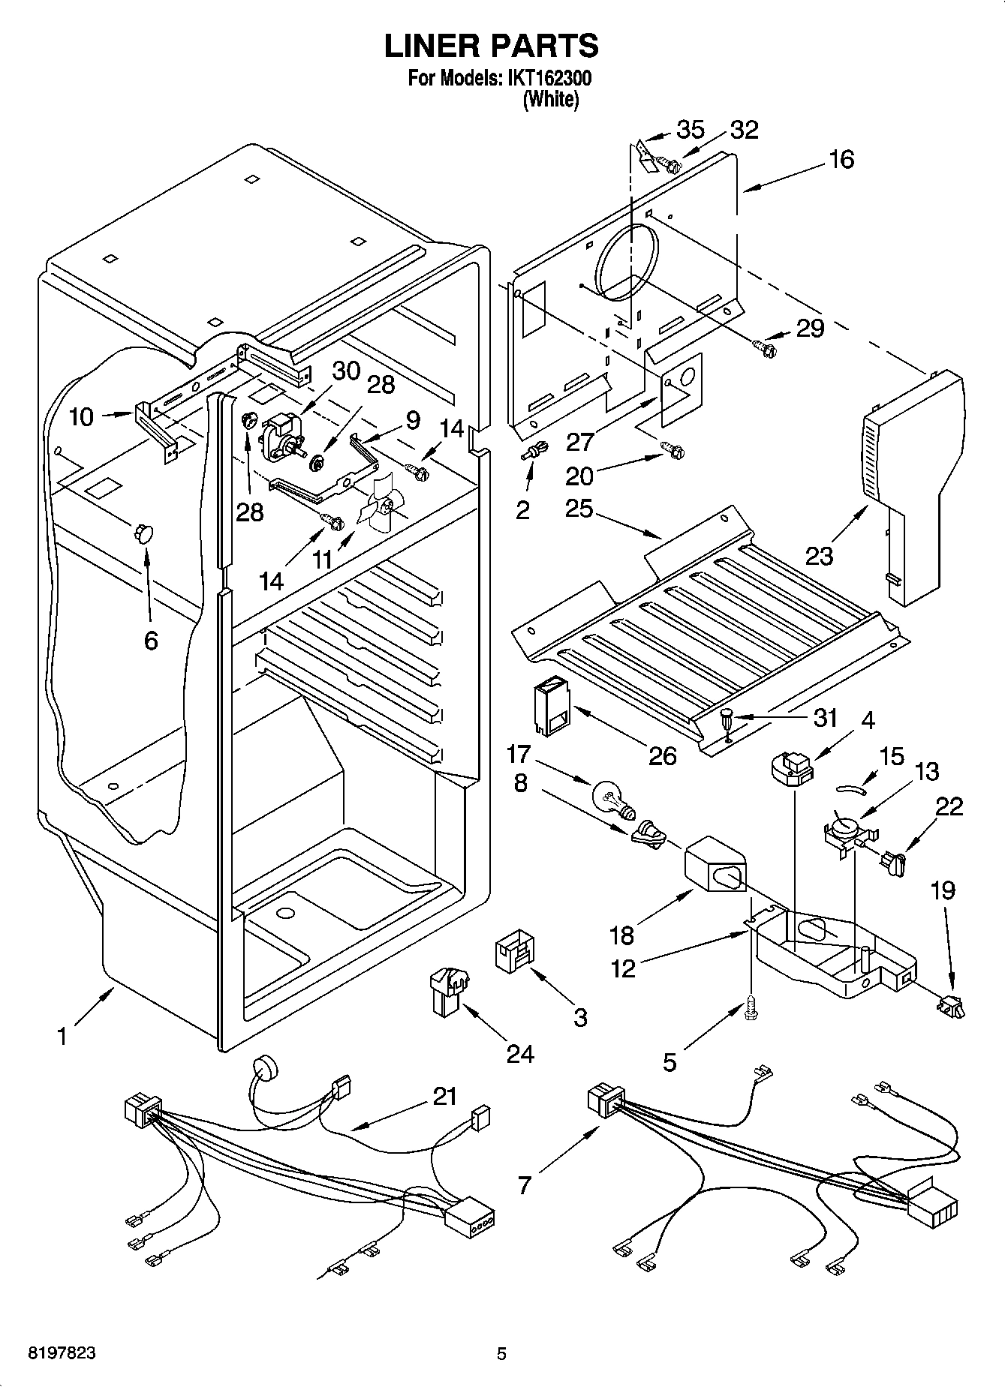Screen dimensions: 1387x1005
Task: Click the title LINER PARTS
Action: click(x=492, y=46)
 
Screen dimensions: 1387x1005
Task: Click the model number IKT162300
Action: click(x=548, y=78)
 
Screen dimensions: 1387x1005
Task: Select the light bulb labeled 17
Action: click(x=614, y=798)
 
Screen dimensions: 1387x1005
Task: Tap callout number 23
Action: click(x=820, y=556)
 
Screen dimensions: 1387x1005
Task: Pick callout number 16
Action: click(x=842, y=159)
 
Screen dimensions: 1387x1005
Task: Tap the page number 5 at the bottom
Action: click(x=501, y=1354)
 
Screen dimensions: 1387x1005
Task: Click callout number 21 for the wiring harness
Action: click(x=444, y=1096)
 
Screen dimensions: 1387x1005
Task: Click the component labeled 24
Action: click(x=447, y=989)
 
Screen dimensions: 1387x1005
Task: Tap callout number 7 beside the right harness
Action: click(x=524, y=1185)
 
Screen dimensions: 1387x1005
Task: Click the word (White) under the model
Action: click(x=550, y=99)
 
